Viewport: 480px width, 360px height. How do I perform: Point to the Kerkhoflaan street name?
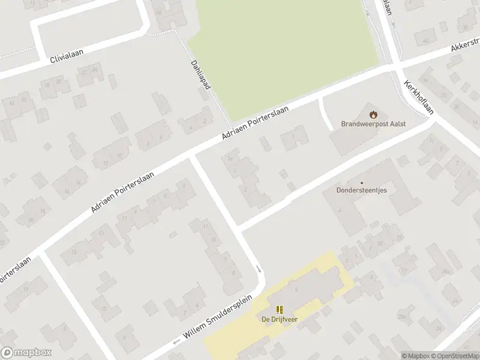(x=419, y=97)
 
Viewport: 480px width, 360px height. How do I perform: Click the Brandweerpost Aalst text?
(x=373, y=124)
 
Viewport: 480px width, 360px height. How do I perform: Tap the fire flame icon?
(x=373, y=113)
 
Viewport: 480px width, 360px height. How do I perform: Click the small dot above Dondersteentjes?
(x=361, y=183)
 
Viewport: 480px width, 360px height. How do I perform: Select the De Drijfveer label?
(x=280, y=319)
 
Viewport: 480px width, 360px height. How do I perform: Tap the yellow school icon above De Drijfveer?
(x=280, y=310)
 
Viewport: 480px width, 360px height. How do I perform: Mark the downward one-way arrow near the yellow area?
(x=260, y=269)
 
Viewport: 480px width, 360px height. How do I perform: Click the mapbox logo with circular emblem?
(x=26, y=353)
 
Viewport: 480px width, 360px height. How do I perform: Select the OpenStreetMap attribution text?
(x=456, y=356)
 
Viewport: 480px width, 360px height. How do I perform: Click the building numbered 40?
(x=425, y=41)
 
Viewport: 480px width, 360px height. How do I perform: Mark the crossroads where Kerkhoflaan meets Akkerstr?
(x=397, y=64)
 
